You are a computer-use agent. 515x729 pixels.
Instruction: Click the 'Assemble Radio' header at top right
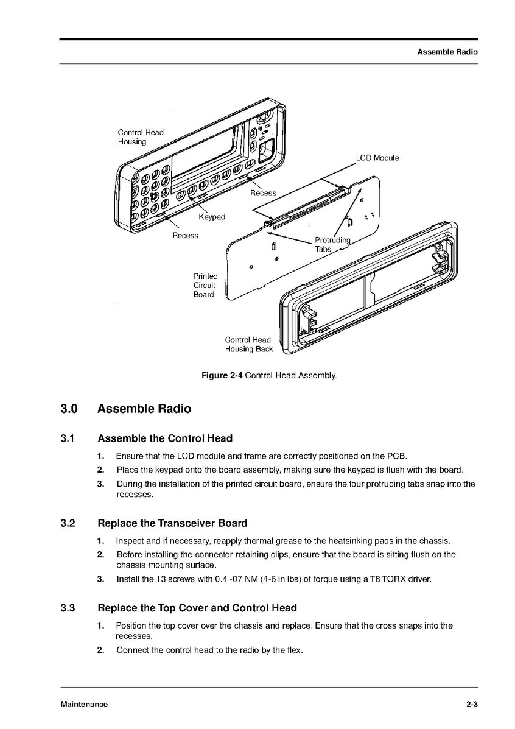[447, 52]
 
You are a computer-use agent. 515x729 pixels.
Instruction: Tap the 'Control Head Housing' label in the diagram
[141, 137]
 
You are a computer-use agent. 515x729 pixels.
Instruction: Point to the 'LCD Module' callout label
[377, 158]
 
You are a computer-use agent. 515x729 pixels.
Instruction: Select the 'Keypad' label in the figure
[212, 217]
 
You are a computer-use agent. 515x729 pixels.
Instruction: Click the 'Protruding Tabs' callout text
[332, 244]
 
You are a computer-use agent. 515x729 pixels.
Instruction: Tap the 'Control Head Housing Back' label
[248, 344]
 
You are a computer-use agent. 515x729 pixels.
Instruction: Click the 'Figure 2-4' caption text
[222, 375]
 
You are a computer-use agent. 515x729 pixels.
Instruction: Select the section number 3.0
[69, 409]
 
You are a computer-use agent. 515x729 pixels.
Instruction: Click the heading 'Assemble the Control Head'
[165, 438]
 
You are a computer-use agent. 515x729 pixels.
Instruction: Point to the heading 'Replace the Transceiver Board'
[172, 523]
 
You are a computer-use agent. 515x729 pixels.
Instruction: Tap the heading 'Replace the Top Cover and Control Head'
[197, 608]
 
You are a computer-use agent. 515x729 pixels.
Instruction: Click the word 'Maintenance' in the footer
[84, 705]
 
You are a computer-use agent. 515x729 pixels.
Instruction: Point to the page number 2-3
[472, 705]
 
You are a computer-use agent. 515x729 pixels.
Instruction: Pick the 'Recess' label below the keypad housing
[185, 236]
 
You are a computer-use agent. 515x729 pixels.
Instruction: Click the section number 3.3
[68, 608]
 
